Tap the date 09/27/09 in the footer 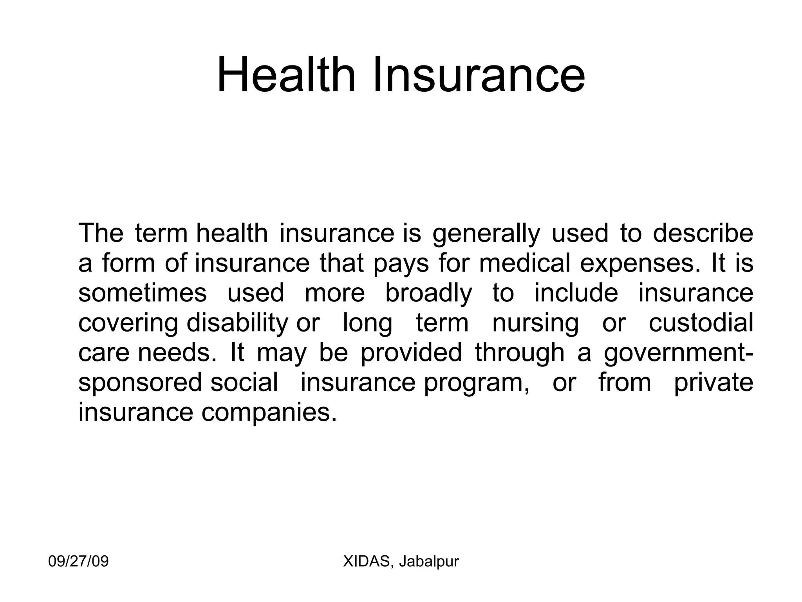point(78,562)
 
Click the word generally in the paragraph point(486,234)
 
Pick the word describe point(703,233)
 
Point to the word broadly point(429,294)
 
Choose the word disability point(237,323)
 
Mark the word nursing point(535,324)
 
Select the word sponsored point(140,383)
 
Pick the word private point(713,383)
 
